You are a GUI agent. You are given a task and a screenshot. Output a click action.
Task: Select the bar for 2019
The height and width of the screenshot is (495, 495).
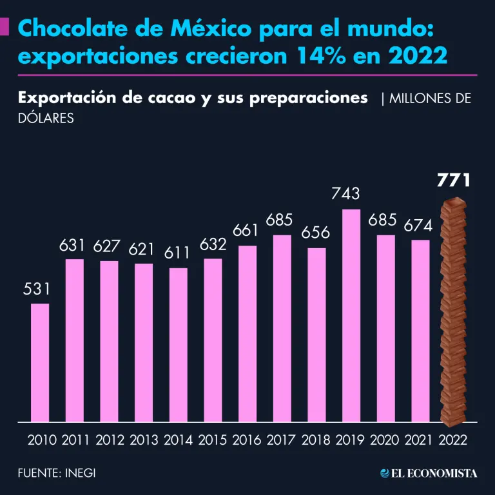click(351, 316)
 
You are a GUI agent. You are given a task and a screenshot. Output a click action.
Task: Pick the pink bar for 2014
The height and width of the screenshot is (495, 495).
click(179, 345)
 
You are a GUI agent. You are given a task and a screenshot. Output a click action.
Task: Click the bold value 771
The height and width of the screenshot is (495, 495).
click(454, 180)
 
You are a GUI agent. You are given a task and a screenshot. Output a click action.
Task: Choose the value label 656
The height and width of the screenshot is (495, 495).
click(316, 233)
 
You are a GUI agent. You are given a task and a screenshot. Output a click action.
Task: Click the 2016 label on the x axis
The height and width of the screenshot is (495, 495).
click(247, 440)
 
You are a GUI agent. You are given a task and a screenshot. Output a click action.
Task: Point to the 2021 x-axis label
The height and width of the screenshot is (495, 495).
click(420, 440)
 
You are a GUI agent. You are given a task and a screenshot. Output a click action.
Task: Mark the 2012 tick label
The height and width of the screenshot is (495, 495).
click(110, 440)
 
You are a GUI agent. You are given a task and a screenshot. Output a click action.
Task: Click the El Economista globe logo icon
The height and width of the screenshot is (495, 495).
click(385, 473)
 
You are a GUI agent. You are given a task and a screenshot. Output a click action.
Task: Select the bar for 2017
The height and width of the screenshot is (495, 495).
click(282, 329)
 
